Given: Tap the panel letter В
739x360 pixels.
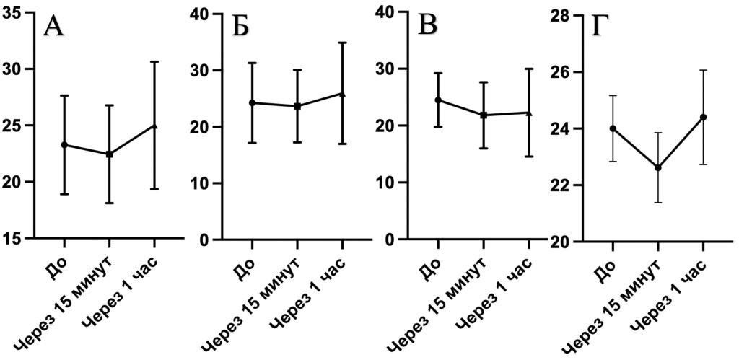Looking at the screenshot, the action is coord(428,27).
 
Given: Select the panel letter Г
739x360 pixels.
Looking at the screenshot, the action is coord(601,27).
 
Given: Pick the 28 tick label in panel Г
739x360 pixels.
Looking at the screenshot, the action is coord(561,16).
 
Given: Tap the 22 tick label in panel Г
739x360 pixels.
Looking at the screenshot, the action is coord(561,185).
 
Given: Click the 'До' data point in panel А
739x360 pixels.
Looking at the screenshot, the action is coord(64,145).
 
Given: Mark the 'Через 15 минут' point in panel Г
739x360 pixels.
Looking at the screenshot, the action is coord(658,168).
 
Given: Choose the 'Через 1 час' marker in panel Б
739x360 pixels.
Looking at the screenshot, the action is coord(343,94).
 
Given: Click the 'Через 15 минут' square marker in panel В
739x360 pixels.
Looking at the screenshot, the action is coord(483,115).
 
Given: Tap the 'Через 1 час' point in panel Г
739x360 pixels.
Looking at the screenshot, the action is coord(703,117).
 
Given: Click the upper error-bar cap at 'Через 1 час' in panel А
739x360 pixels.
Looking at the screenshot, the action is coord(154,61).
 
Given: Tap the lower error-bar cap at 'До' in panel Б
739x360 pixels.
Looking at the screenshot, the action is coord(252,143).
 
